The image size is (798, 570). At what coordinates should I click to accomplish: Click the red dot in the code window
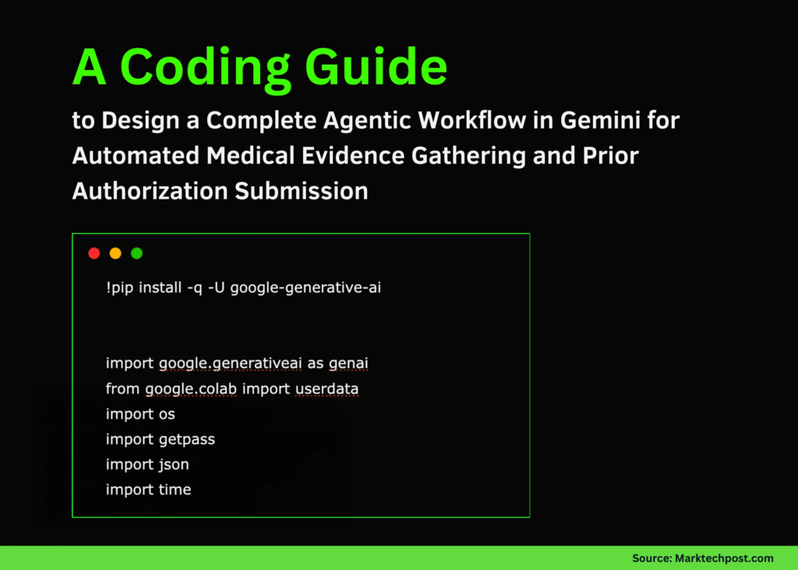94,253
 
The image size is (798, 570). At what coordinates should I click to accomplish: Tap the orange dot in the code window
115,253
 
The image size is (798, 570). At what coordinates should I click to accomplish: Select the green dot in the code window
137,253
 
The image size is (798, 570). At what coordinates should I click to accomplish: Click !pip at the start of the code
120,288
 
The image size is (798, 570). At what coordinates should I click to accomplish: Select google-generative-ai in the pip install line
305,288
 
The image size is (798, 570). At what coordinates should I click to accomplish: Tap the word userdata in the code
327,388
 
